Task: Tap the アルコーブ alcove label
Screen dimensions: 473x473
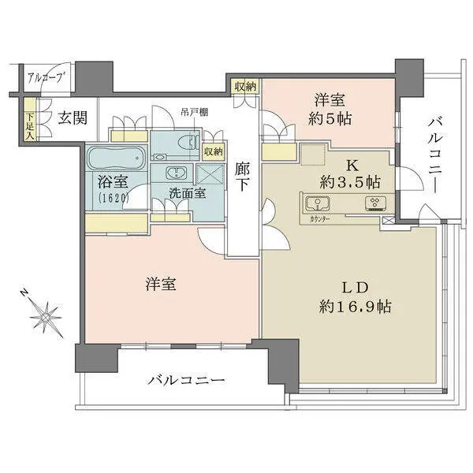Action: [45, 77]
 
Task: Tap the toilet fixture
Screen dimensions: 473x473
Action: [186, 143]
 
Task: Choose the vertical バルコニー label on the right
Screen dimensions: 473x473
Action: [435, 157]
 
